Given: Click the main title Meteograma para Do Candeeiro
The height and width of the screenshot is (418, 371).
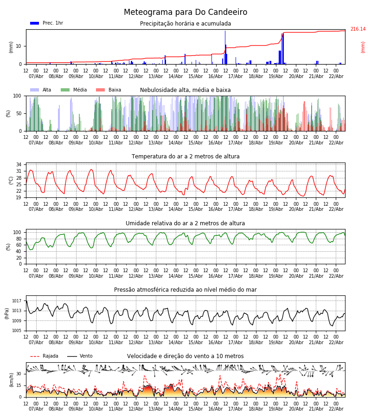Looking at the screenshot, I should pyautogui.click(x=185, y=13).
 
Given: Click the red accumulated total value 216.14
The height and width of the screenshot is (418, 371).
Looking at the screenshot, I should pyautogui.click(x=358, y=29).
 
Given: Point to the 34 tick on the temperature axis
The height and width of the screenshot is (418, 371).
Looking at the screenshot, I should pyautogui.click(x=19, y=164).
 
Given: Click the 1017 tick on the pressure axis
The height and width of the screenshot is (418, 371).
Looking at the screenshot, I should pyautogui.click(x=17, y=301).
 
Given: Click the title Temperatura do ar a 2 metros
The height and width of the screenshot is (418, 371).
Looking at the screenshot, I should pyautogui.click(x=185, y=157).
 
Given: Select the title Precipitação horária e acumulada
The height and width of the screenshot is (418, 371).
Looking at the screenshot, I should pyautogui.click(x=185, y=24).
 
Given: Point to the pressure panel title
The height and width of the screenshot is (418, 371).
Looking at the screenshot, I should pyautogui.click(x=185, y=290).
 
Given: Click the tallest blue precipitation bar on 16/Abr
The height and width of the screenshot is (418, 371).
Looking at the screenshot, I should pyautogui.click(x=225, y=46).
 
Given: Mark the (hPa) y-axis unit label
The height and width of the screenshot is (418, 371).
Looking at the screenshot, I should pyautogui.click(x=6, y=313).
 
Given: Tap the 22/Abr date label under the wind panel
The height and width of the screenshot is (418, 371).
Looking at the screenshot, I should pyautogui.click(x=336, y=409).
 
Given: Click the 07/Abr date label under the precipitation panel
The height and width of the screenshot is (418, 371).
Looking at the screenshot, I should pyautogui.click(x=36, y=76).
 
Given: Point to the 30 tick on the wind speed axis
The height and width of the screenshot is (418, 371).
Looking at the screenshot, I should pyautogui.click(x=19, y=373).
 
